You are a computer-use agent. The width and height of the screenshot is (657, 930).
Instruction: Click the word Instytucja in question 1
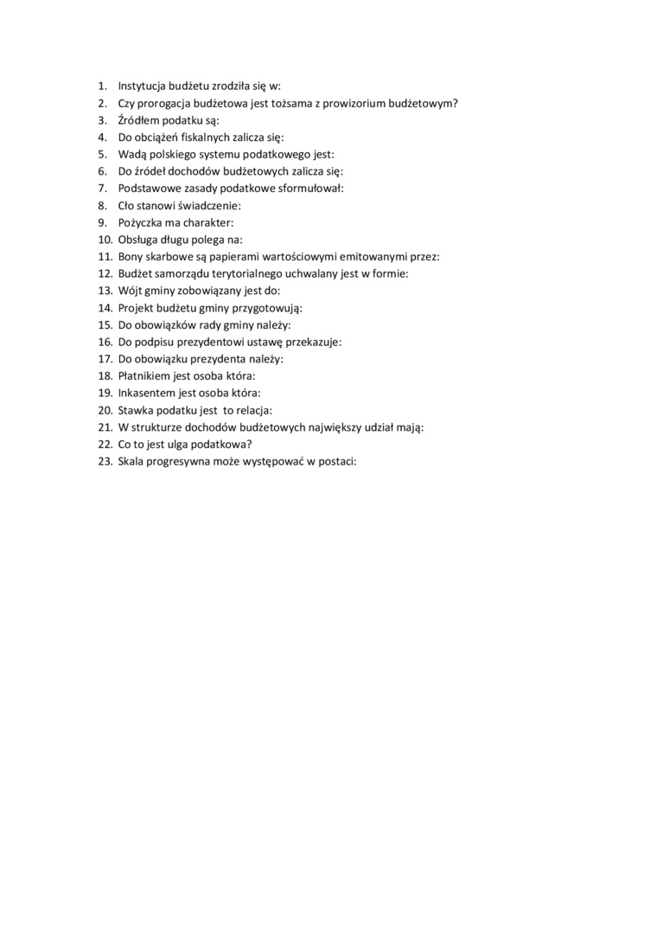click(x=143, y=86)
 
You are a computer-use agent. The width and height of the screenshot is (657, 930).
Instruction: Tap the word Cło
click(x=126, y=205)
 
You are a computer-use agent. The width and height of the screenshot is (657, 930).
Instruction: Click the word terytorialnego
click(x=246, y=273)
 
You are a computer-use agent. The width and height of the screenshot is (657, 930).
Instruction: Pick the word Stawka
click(x=136, y=411)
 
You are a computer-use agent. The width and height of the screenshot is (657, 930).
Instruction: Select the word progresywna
click(x=174, y=462)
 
